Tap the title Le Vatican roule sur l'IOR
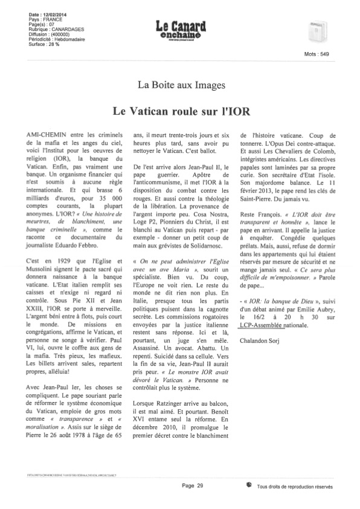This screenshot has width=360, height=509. [x=180, y=112]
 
